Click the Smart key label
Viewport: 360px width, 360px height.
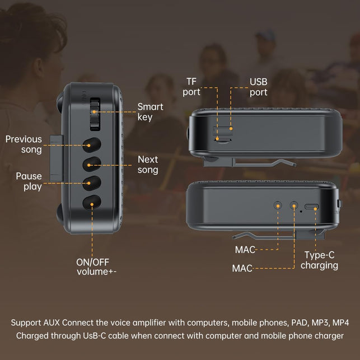(x=151, y=112)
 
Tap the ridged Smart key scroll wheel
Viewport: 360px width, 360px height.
(x=95, y=114)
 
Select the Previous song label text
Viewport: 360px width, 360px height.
(x=24, y=144)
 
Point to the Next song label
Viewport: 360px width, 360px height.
(x=148, y=165)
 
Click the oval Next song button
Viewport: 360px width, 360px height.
(x=92, y=164)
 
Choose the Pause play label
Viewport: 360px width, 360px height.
(x=29, y=181)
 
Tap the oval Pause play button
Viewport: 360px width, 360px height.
(x=92, y=183)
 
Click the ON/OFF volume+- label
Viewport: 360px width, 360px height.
(x=96, y=267)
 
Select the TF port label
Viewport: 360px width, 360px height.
(x=191, y=87)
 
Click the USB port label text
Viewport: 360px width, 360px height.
(x=259, y=87)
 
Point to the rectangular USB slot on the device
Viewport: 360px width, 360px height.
(x=222, y=130)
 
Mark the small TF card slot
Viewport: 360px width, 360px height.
(x=223, y=139)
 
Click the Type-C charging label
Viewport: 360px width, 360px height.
(x=319, y=260)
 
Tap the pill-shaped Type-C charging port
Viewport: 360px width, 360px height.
(x=311, y=207)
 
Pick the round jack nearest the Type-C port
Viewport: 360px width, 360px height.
(x=294, y=205)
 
